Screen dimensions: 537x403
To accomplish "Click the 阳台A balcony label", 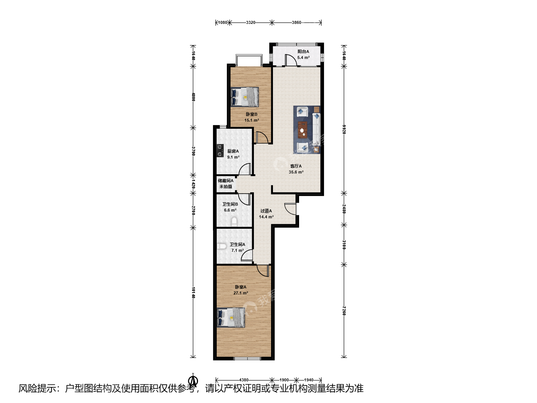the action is (x=303, y=51).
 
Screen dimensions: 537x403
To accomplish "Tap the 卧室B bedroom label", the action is (x=251, y=114).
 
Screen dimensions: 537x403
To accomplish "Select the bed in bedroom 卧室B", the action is (x=245, y=97).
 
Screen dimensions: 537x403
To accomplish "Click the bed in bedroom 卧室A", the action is (x=231, y=317).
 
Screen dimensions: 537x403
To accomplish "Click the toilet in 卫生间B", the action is (x=234, y=221).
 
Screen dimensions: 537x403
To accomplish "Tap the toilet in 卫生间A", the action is (x=222, y=246).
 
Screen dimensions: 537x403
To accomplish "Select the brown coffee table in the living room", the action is (x=303, y=130).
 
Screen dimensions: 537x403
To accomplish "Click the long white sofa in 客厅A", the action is (x=316, y=129).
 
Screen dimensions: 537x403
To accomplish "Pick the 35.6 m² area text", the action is (x=296, y=172).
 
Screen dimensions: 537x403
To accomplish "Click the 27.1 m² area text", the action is (x=241, y=293).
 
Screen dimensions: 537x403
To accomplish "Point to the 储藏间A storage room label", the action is (x=226, y=181).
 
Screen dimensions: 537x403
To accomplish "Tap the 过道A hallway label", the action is (x=266, y=211).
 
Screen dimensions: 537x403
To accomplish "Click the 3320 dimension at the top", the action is (x=251, y=22).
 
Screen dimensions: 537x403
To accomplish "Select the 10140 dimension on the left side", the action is (x=193, y=293).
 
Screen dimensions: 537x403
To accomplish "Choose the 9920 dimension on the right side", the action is (x=344, y=129).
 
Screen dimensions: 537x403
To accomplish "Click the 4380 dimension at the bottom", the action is (x=244, y=380).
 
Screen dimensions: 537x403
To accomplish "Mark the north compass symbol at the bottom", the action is (x=193, y=380).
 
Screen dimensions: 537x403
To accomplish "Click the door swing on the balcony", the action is (x=291, y=60).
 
